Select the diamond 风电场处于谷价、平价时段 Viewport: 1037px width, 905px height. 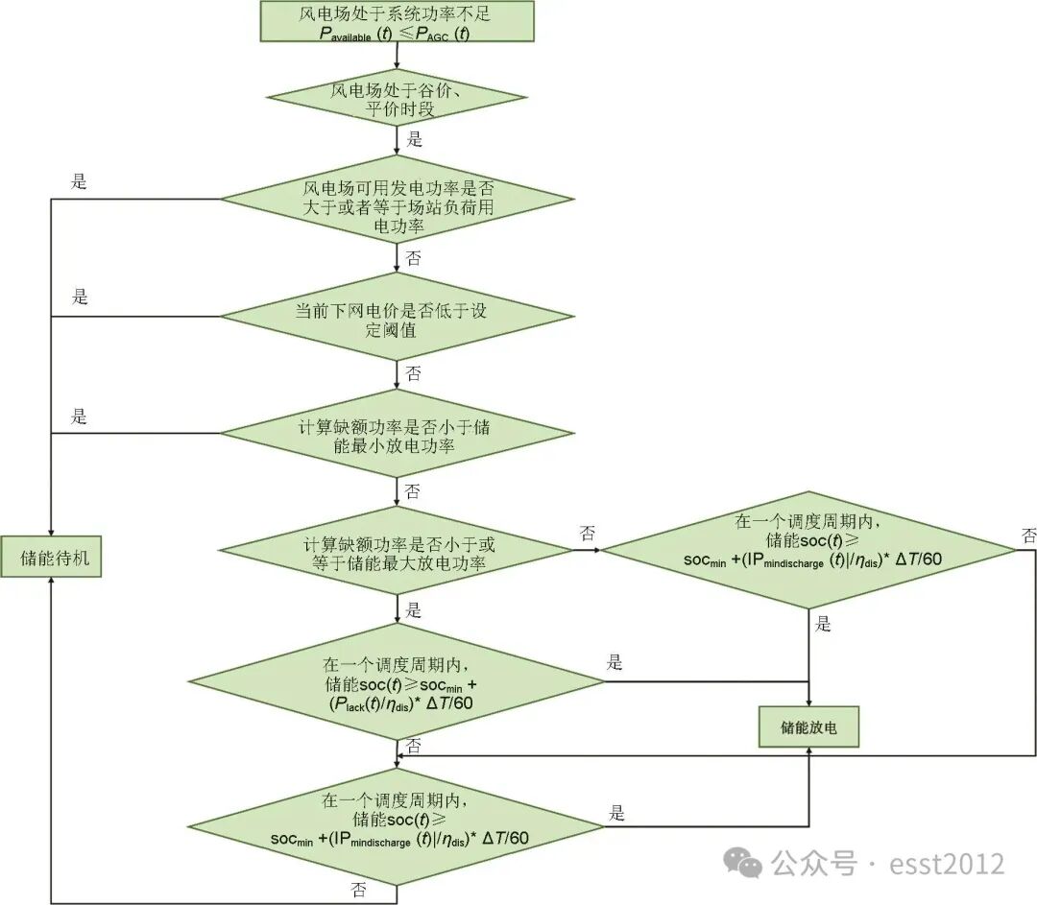pos(396,100)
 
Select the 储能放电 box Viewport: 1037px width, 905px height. pos(809,728)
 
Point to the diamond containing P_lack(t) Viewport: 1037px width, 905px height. pos(396,684)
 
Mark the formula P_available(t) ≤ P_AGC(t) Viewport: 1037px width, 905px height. pos(396,33)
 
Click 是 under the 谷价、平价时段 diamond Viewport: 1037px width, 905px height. pos(414,140)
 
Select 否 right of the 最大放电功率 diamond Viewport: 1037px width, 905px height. pos(587,532)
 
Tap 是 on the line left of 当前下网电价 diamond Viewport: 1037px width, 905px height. pos(80,298)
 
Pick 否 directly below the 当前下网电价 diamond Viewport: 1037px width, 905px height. pos(413,373)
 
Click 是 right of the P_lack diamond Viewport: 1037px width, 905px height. pos(615,663)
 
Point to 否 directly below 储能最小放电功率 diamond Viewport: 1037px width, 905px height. pos(413,491)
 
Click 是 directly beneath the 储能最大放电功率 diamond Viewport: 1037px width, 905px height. pos(414,610)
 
